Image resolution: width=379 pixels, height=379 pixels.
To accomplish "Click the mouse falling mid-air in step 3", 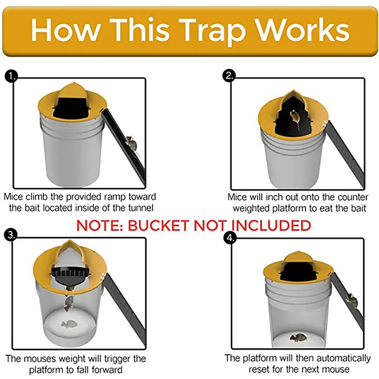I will click(69, 303).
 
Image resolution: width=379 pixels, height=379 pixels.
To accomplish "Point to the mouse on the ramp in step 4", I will click(352, 300).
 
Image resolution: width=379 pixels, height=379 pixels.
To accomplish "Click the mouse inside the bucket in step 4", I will click(298, 337).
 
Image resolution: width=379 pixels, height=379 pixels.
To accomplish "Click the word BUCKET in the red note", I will click(160, 226).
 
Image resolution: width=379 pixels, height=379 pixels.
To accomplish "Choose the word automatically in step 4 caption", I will click(343, 358).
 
